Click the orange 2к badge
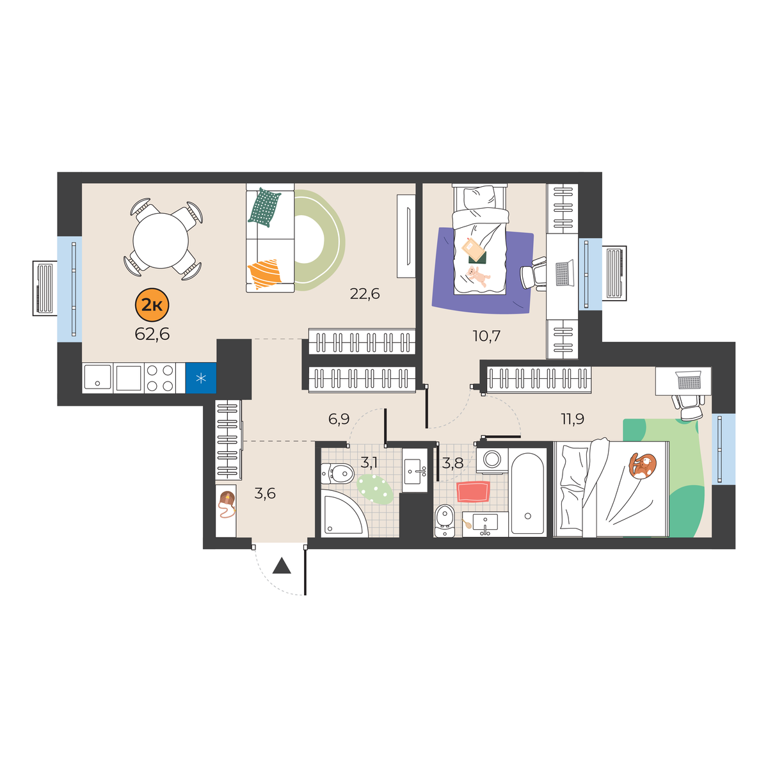pyautogui.click(x=152, y=305)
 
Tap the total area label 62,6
pyautogui.click(x=152, y=334)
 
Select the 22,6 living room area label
pyautogui.click(x=365, y=294)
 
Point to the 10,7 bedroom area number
pyautogui.click(x=486, y=336)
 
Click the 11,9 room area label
pyautogui.click(x=573, y=419)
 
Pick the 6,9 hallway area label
pyautogui.click(x=339, y=419)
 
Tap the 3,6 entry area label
pyautogui.click(x=265, y=494)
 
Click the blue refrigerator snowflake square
pyautogui.click(x=201, y=378)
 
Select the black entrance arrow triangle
pyautogui.click(x=282, y=566)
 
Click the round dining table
pyautogui.click(x=161, y=241)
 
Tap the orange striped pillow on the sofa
pyautogui.click(x=264, y=273)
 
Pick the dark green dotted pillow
pyautogui.click(x=264, y=207)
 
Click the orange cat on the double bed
pyautogui.click(x=642, y=465)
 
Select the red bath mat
pyautogui.click(x=473, y=492)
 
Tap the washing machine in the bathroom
pyautogui.click(x=492, y=460)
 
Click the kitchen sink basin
pyautogui.click(x=98, y=378)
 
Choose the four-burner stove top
pyautogui.click(x=160, y=378)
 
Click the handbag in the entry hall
pyautogui.click(x=227, y=504)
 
